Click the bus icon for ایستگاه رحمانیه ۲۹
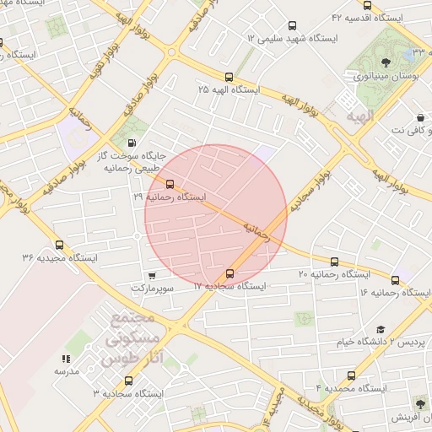(170, 183)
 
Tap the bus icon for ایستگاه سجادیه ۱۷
(230, 273)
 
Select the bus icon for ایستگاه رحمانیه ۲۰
(334, 262)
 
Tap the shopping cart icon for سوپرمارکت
(152, 275)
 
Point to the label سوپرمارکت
(153, 288)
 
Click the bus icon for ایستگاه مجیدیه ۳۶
(57, 244)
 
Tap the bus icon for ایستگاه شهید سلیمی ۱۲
(293, 25)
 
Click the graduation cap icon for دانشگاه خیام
(381, 329)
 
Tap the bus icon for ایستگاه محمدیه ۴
(352, 375)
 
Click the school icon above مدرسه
(67, 359)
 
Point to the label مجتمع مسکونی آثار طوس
(131, 339)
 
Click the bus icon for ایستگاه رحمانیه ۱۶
(395, 279)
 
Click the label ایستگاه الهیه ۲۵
(229, 89)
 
